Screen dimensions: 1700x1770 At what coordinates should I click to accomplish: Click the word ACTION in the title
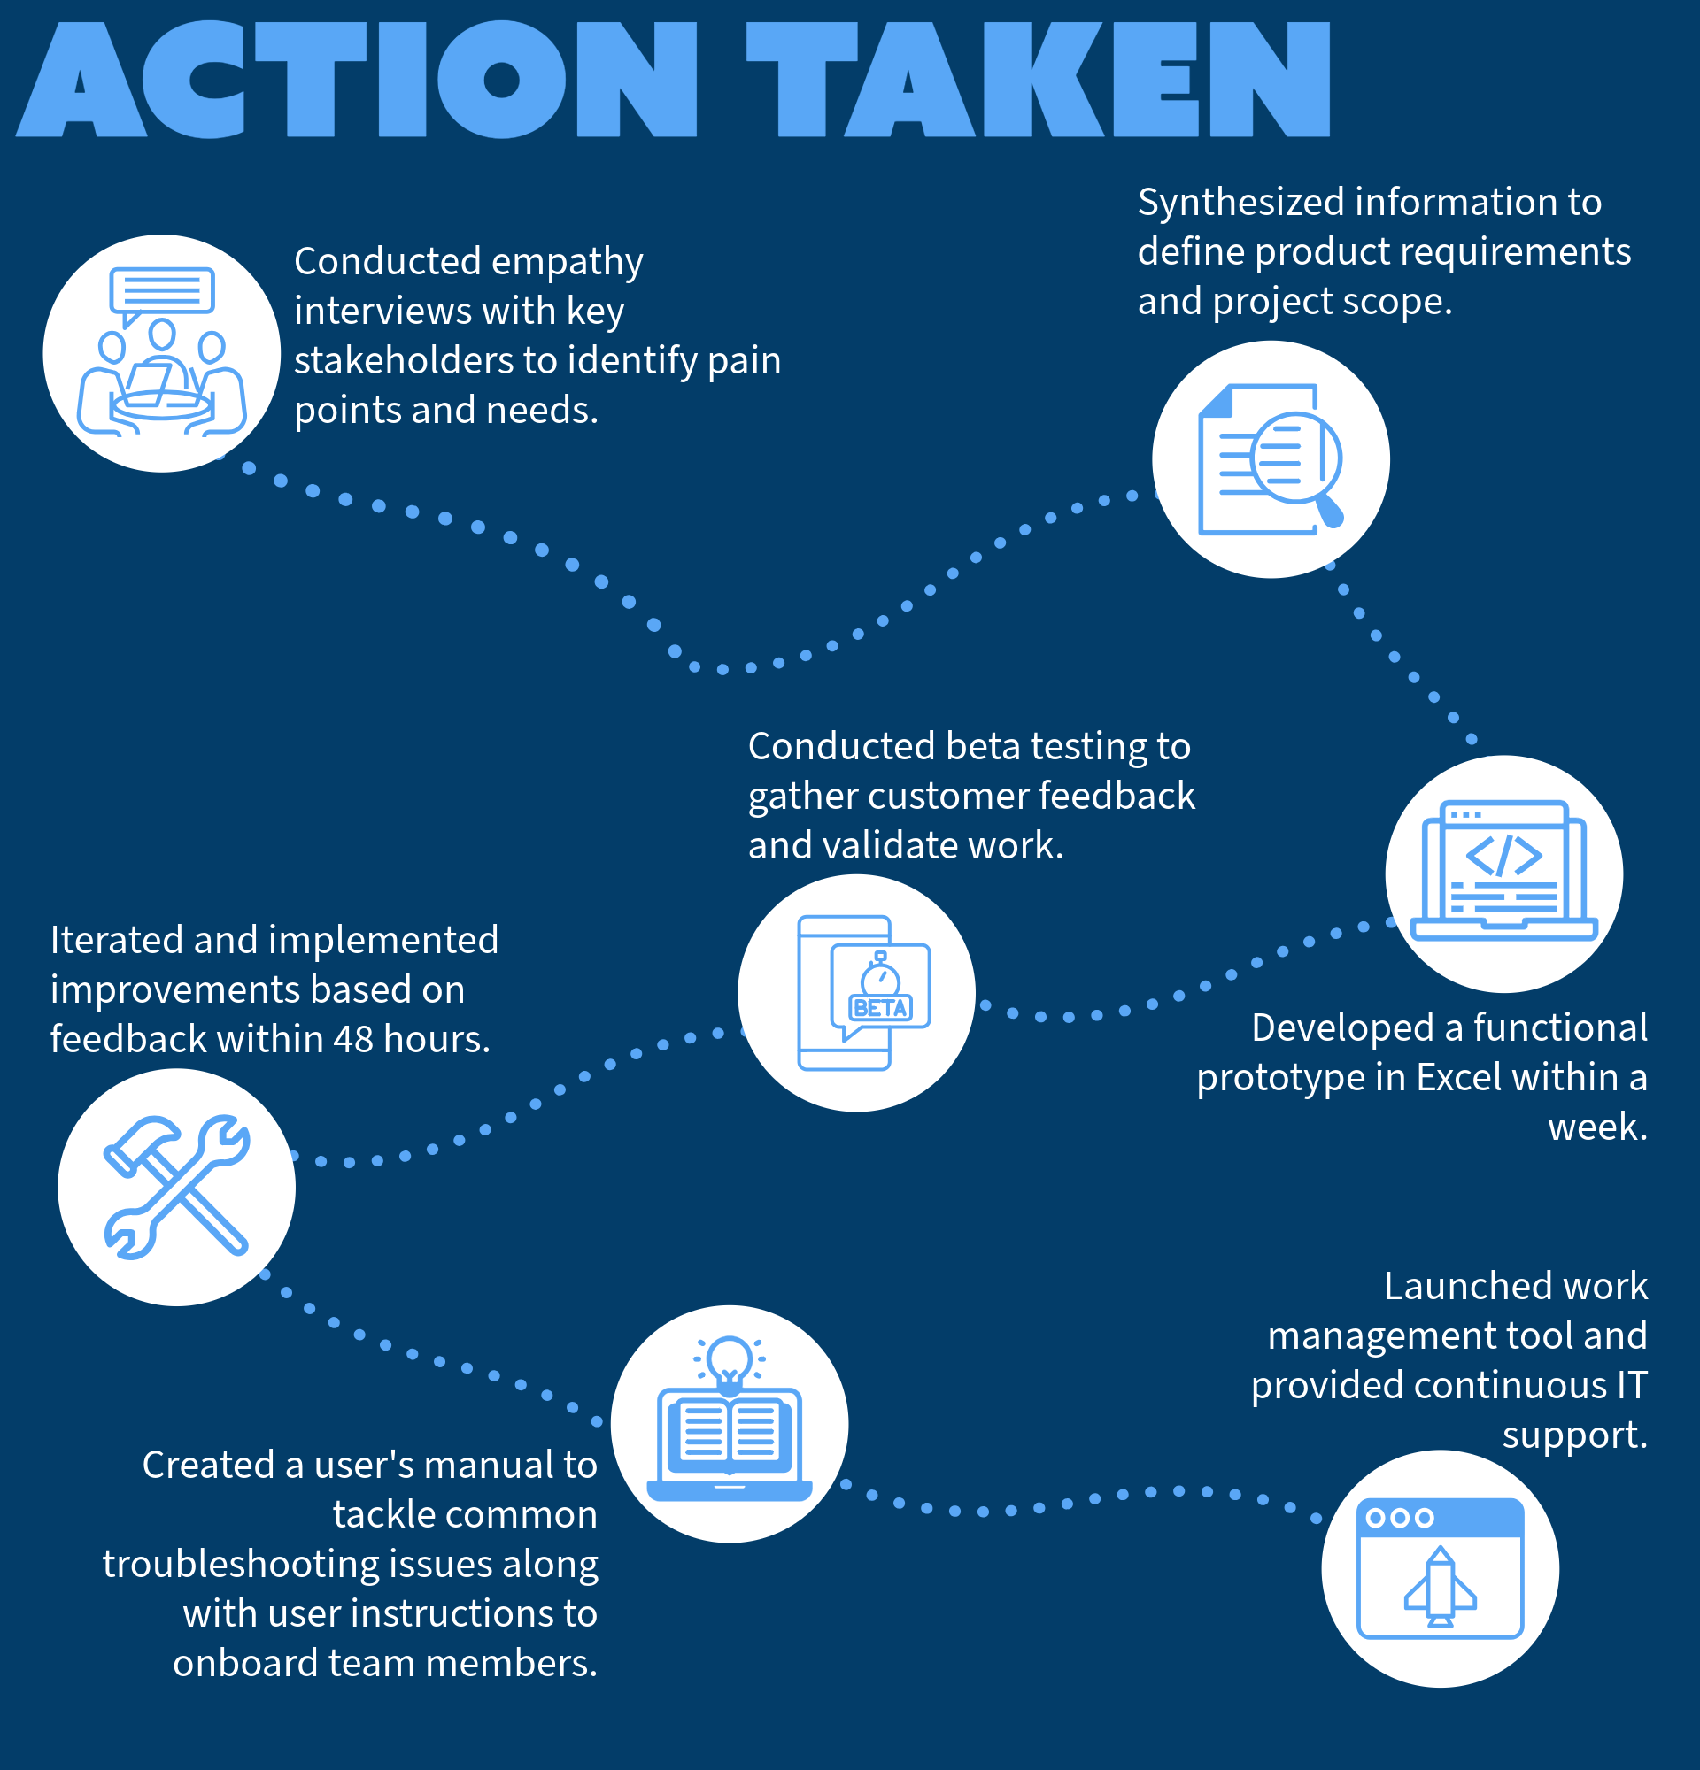click(x=357, y=80)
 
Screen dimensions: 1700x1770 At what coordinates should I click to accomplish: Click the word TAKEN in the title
click(x=1039, y=80)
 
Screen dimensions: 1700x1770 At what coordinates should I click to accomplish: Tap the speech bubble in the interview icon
click(x=162, y=291)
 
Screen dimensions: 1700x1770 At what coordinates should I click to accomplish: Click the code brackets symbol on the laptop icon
click(x=1503, y=855)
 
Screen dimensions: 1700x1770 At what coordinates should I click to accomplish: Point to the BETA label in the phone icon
click(x=881, y=1008)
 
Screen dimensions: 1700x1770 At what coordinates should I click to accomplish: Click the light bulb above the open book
click(x=729, y=1359)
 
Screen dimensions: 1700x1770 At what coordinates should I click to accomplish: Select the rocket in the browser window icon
click(x=1440, y=1586)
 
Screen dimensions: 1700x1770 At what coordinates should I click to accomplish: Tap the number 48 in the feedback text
click(x=352, y=1039)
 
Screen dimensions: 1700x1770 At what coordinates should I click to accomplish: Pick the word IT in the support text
click(x=1631, y=1386)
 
